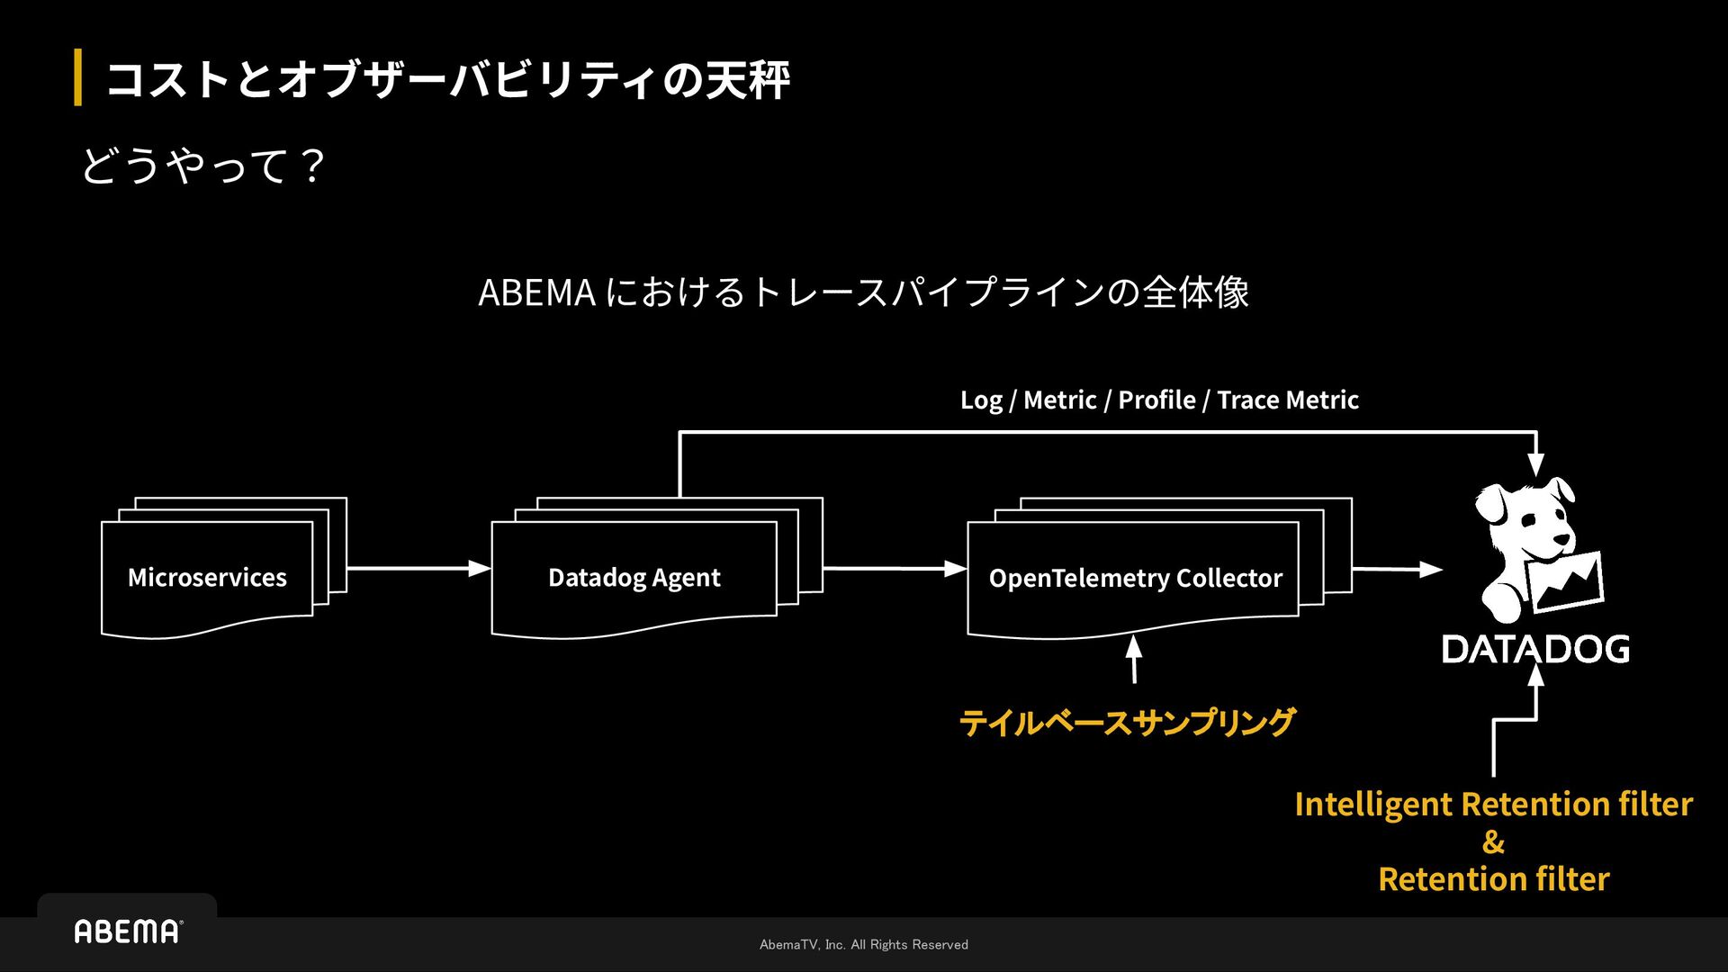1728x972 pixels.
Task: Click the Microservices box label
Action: click(x=207, y=577)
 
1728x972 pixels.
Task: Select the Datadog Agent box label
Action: click(x=634, y=577)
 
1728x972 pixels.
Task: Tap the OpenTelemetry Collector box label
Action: click(x=1135, y=578)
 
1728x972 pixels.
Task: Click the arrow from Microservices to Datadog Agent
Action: click(x=418, y=568)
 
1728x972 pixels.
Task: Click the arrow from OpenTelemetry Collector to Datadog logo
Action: click(x=1397, y=569)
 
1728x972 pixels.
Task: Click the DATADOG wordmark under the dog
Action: click(x=1535, y=649)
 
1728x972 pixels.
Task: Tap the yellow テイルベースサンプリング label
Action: click(x=1127, y=722)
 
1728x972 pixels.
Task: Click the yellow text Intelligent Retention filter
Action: click(x=1493, y=804)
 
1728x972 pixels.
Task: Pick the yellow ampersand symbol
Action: click(x=1493, y=842)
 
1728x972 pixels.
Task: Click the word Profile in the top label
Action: click(x=1156, y=400)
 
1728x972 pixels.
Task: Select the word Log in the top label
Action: click(x=981, y=400)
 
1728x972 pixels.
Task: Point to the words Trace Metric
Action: click(x=1288, y=400)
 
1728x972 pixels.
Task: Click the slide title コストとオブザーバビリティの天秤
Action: click(x=447, y=79)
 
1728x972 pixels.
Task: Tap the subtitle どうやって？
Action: click(x=203, y=166)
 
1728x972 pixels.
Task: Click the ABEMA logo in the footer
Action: click(x=128, y=931)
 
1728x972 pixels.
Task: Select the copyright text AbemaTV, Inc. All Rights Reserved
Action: click(x=864, y=944)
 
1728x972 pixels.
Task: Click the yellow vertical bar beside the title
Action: click(x=78, y=78)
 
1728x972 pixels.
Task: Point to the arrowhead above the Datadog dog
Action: click(x=1535, y=464)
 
